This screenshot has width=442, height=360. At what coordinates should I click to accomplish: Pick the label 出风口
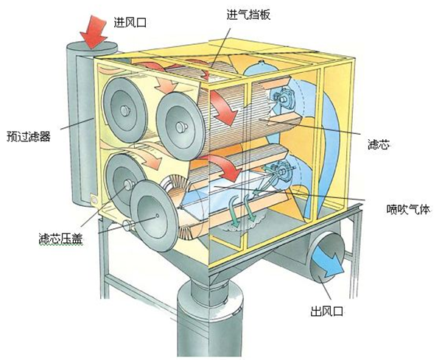click(327, 311)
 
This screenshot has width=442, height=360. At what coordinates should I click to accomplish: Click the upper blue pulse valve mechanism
click(283, 100)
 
